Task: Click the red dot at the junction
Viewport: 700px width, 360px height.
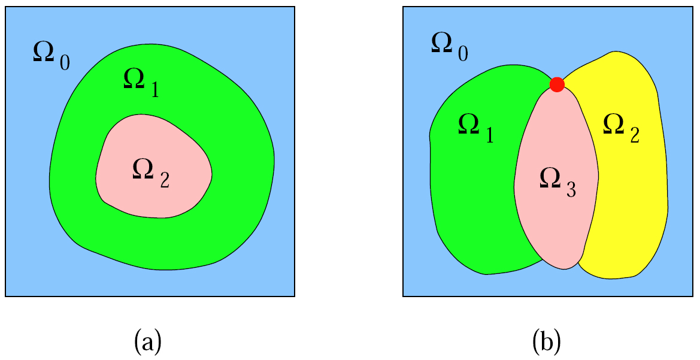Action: tap(557, 84)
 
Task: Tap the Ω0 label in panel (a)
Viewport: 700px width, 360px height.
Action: tap(51, 56)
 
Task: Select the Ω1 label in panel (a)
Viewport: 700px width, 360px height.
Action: tap(141, 83)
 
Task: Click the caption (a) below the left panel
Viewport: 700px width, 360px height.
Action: tap(147, 341)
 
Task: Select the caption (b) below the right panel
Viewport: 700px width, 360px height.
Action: tap(547, 341)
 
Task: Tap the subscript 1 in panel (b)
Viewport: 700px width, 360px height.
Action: tap(489, 135)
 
